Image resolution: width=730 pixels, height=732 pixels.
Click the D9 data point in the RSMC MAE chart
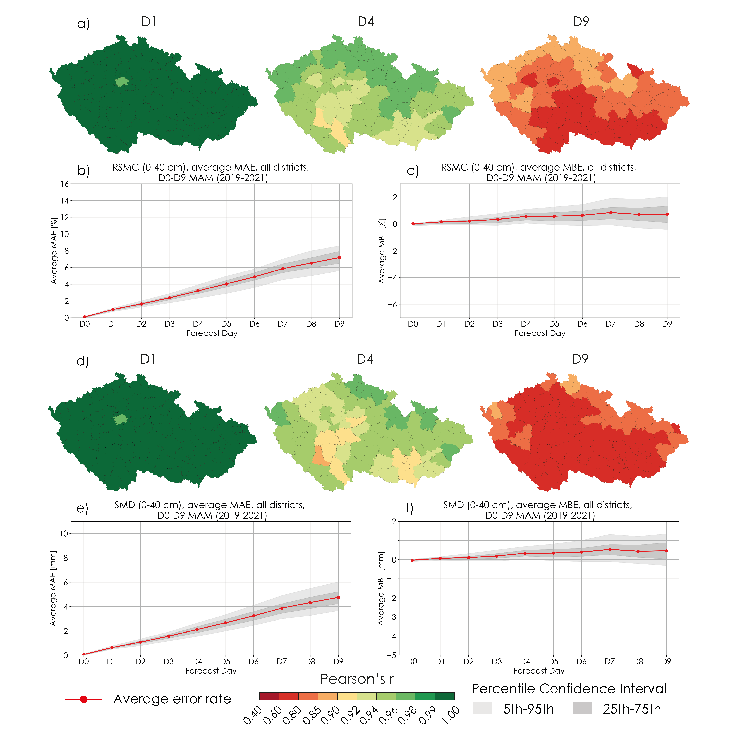[339, 258]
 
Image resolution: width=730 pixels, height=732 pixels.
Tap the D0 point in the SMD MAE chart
[84, 654]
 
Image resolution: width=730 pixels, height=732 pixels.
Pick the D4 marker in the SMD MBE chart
[525, 553]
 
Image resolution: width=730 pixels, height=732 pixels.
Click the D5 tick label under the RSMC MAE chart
[226, 324]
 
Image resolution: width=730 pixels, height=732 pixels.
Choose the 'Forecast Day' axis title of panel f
[539, 671]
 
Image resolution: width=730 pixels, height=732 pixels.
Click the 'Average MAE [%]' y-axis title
[54, 251]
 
